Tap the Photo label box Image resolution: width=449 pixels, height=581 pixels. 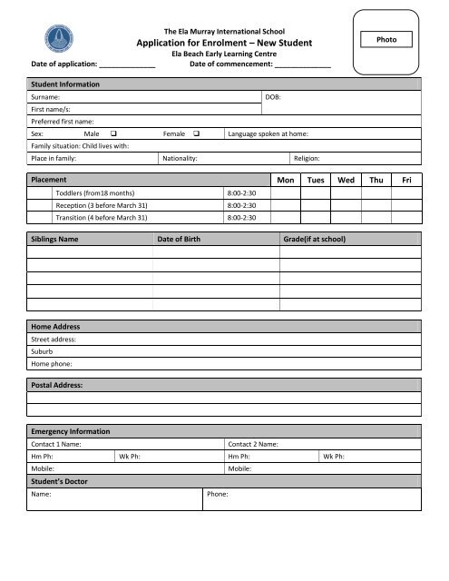386,39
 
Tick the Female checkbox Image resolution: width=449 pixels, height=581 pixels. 196,133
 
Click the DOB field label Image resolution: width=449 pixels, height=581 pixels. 271,95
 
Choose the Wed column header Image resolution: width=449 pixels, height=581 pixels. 346,181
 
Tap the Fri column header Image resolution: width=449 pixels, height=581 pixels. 406,181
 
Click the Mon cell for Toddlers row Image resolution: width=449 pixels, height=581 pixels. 287,193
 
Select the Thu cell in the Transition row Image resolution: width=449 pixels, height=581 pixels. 376,218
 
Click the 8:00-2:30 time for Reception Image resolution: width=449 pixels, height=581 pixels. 241,206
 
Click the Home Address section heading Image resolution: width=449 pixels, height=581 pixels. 56,326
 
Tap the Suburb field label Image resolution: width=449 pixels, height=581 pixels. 43,350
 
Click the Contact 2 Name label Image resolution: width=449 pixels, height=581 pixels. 253,444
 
